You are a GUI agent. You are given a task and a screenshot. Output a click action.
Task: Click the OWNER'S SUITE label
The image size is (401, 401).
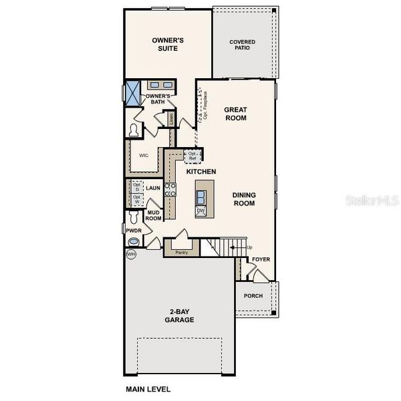[168, 44]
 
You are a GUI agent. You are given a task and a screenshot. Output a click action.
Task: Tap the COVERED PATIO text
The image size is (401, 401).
[243, 45]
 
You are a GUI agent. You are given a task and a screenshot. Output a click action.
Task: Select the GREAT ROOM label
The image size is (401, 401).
[235, 114]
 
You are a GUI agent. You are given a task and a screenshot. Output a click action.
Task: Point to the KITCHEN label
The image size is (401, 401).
[201, 172]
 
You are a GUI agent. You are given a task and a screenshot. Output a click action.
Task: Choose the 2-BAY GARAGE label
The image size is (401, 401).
[179, 315]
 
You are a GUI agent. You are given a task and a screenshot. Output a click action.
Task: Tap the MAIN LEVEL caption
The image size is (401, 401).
[148, 388]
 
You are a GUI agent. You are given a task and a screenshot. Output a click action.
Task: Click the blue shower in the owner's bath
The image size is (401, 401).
[133, 90]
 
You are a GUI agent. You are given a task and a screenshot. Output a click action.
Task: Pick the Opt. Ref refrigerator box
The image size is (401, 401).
[192, 156]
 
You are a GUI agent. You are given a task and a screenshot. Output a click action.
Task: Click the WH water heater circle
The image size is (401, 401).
[130, 255]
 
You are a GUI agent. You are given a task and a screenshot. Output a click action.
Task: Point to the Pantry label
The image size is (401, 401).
[181, 253]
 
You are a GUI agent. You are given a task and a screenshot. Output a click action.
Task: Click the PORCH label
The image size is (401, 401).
[254, 296]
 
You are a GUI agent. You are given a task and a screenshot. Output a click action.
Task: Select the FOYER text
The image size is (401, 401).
[261, 259]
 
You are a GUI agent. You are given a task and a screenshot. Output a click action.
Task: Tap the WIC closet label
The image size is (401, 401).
[143, 156]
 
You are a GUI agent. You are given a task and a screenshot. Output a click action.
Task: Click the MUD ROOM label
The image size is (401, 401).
[154, 215]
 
